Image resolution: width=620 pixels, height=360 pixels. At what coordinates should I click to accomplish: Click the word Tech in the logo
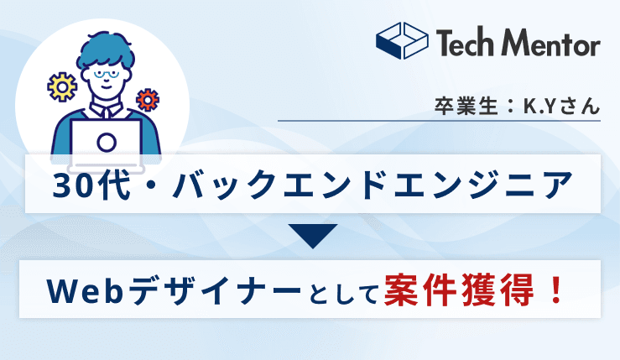pyautogui.click(x=464, y=43)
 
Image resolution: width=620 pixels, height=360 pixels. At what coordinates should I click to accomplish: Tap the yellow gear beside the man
pyautogui.click(x=61, y=86)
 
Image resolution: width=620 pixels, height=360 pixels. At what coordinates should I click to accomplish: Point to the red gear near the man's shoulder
pyautogui.click(x=148, y=99)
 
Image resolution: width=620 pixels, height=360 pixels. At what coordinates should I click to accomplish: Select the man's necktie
pyautogui.click(x=107, y=113)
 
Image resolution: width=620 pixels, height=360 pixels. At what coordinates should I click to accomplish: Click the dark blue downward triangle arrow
pyautogui.click(x=310, y=236)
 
